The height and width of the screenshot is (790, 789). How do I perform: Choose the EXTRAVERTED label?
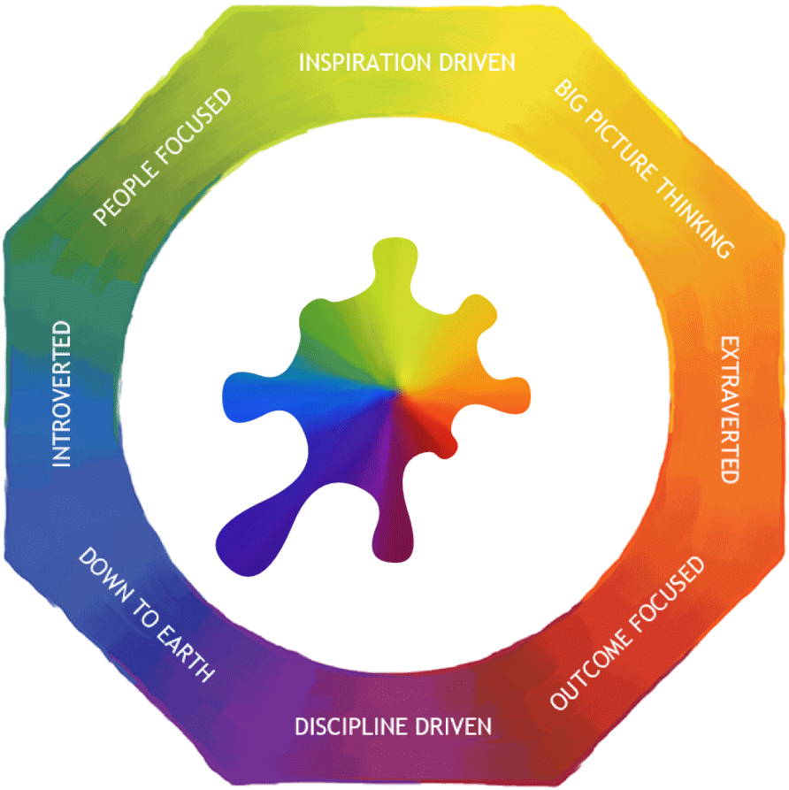(x=728, y=409)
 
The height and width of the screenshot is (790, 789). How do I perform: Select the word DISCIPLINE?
(x=361, y=727)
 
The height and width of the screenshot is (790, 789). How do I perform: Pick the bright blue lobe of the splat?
(x=243, y=390)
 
